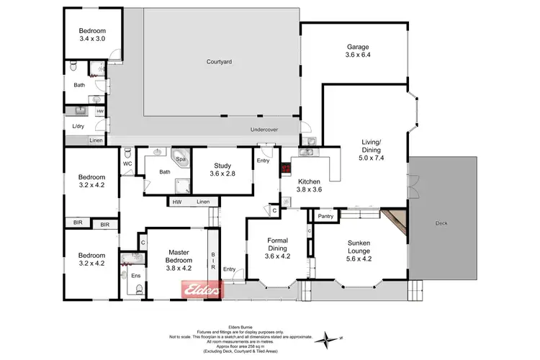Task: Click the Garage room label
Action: [x=357, y=51]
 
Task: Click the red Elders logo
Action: [x=199, y=289]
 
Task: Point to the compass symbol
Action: [x=330, y=337]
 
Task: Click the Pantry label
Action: [x=325, y=215]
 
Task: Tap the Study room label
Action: [x=222, y=169]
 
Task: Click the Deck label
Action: [x=441, y=224]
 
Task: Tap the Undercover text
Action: [x=264, y=130]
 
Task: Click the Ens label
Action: [x=135, y=275]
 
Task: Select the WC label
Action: [x=127, y=163]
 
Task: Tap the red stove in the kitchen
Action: [x=286, y=169]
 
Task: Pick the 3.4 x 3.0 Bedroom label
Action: [x=92, y=34]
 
